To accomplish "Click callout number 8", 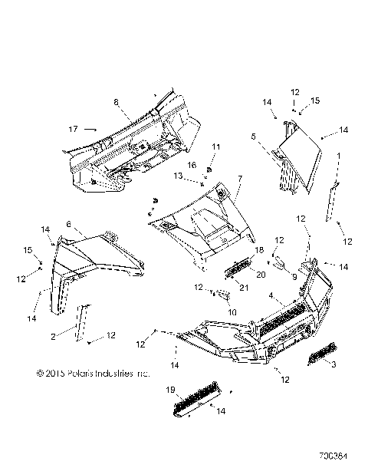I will click(x=116, y=101).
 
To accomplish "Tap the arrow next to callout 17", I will click(x=90, y=130).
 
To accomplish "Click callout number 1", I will click(x=337, y=156).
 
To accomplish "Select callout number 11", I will click(x=215, y=147).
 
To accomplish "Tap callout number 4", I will click(x=271, y=295).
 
